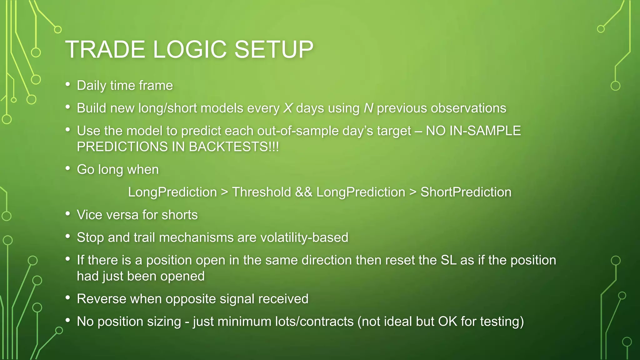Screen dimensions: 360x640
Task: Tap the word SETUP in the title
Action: pyautogui.click(x=273, y=49)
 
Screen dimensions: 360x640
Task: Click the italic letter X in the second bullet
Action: pyautogui.click(x=288, y=108)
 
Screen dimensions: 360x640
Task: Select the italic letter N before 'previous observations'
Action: pyautogui.click(x=368, y=108)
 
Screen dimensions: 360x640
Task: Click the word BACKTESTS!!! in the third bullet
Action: pyautogui.click(x=234, y=147)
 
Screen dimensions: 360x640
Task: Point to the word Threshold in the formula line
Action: pyautogui.click(x=261, y=192)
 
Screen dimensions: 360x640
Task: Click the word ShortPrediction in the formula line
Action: pyautogui.click(x=466, y=192)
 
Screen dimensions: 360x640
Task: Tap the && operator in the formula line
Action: pyautogui.click(x=303, y=192)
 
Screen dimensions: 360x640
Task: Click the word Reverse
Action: pyautogui.click(x=101, y=299)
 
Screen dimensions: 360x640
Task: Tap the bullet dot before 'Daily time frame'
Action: pyautogui.click(x=68, y=84)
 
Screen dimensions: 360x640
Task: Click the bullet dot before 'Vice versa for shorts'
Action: pyautogui.click(x=68, y=214)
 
